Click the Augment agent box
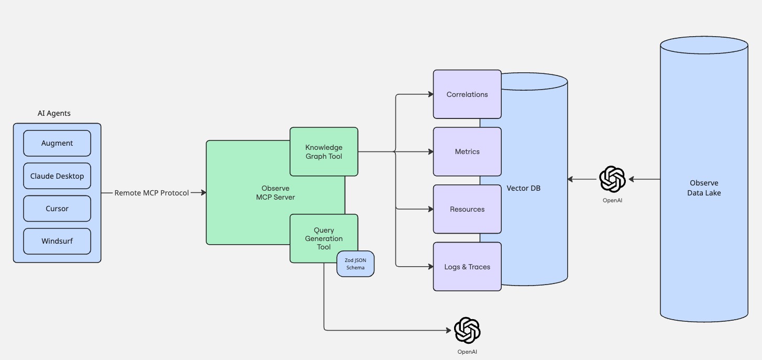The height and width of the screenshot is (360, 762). coord(57,143)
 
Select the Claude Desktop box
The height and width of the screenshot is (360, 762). coord(57,176)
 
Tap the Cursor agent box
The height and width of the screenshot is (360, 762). coord(57,209)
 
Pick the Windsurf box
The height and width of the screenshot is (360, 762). coord(57,241)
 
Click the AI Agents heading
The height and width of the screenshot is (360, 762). coord(54,113)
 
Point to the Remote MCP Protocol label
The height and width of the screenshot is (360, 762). coord(151,193)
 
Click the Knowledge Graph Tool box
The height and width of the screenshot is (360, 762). coord(324,152)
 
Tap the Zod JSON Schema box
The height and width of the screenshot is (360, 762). coord(356,264)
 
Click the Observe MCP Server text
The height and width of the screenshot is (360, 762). coord(275,193)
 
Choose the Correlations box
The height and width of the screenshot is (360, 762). coord(467,94)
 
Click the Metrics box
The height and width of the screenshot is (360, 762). coord(467,152)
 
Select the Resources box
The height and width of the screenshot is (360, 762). coord(467,209)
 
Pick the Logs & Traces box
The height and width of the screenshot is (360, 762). coord(467,267)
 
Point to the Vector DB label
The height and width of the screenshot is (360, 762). coord(524,188)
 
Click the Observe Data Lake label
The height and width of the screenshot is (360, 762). coord(704,188)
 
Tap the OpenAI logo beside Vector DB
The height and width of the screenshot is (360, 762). coord(612,179)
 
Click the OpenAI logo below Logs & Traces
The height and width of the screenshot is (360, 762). coord(467,331)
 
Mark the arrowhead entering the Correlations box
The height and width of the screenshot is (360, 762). coord(430,94)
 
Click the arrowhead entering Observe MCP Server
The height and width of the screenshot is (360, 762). coord(204,193)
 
